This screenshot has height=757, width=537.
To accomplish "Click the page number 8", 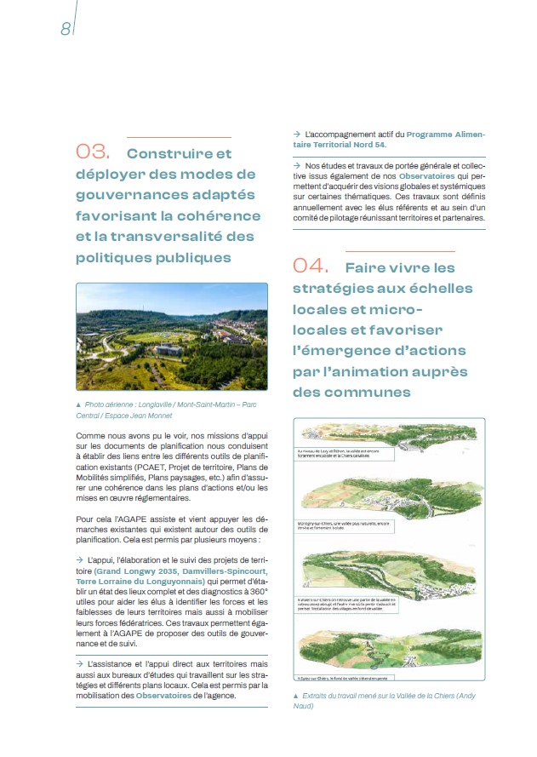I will (65, 28).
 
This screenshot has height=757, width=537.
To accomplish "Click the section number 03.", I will (93, 152).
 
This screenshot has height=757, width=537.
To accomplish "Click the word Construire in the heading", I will (179, 154).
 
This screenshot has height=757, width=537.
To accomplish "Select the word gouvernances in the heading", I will (117, 195).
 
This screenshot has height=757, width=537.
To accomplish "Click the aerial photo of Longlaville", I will (171, 336).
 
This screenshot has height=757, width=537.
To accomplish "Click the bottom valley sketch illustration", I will (388, 652).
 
